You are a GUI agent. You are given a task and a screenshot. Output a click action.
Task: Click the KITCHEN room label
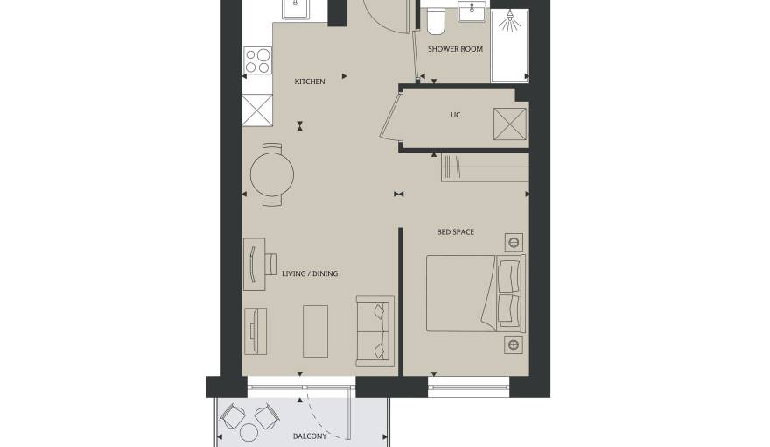[x=310, y=82]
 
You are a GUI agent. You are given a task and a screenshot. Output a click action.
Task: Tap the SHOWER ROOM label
[x=455, y=49]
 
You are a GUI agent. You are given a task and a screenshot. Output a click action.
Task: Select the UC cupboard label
[x=456, y=115]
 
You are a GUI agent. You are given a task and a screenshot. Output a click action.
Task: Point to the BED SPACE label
[x=456, y=232]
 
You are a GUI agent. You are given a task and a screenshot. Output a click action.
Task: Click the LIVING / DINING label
[x=310, y=273]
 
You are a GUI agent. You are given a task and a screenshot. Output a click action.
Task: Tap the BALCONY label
[x=310, y=436]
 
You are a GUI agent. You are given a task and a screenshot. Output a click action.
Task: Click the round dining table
[x=272, y=174]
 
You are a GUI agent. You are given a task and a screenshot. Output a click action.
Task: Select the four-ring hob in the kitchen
[x=258, y=60]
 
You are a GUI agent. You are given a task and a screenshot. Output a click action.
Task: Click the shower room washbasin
[x=472, y=11]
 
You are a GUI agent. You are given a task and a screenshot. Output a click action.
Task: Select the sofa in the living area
[x=375, y=331]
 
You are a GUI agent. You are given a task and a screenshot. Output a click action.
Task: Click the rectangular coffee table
[x=315, y=331]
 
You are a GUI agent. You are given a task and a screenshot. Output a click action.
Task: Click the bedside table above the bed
[x=514, y=243]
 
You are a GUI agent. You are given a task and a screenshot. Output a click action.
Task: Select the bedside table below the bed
[x=514, y=344]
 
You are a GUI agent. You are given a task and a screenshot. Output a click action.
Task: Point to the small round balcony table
[x=248, y=433]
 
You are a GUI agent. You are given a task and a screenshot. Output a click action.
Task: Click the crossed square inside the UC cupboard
[x=510, y=124]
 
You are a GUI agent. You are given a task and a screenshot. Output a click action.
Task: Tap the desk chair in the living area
[x=271, y=265]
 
